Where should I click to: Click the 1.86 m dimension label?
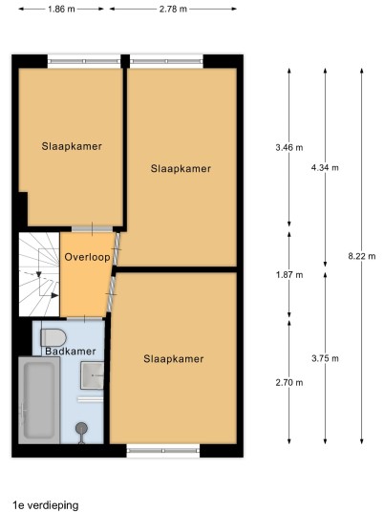point(61,9)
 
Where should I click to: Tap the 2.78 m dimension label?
point(173,9)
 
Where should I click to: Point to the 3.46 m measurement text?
point(289,148)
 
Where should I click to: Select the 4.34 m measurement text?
point(325,168)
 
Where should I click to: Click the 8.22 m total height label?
point(362,256)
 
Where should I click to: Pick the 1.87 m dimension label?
point(289,275)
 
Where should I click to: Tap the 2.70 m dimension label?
point(289,382)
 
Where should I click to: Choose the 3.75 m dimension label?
point(325,358)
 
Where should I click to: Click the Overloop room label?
point(87,257)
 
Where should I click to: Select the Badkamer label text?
point(71,352)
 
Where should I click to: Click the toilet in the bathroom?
point(53,337)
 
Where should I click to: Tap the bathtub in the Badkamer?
point(39,400)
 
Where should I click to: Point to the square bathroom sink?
point(93,375)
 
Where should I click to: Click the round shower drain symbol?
point(81,427)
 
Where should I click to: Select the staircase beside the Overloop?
point(39,274)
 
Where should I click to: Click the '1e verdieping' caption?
point(46,505)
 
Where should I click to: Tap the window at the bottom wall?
point(163,451)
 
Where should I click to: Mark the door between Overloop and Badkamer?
point(85,318)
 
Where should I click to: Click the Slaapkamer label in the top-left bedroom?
point(72,146)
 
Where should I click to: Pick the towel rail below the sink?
point(91,399)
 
